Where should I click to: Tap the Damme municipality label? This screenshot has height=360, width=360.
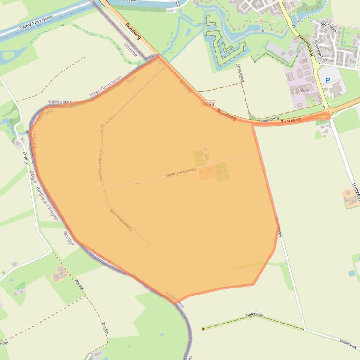coord(131,50)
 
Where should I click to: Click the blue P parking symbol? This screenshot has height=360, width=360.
coord(328,80)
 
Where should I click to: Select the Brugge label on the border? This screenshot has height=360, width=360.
coord(68,238)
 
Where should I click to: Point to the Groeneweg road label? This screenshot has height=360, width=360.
coord(278,226)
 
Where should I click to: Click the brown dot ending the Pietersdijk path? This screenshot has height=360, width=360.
coord(203,329)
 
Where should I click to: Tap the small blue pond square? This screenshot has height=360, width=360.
coord(352,273)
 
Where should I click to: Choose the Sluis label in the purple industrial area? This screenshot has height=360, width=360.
coord(304,90)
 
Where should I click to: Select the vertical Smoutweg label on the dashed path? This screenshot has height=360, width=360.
coord(240,72)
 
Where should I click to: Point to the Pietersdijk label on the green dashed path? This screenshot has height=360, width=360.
coord(255,315)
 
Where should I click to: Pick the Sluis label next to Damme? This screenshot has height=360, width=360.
coord(132,79)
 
